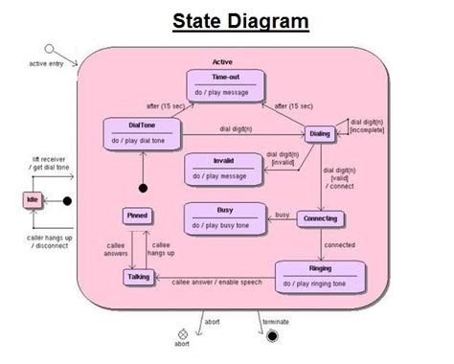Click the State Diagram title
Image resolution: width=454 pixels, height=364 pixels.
click(240, 21)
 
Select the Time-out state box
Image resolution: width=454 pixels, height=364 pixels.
click(227, 85)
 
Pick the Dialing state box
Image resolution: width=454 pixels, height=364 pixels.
click(319, 134)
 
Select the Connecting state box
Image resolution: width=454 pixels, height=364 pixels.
click(320, 218)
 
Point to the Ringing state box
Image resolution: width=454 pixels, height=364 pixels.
click(320, 276)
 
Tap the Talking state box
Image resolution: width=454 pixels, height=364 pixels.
click(137, 277)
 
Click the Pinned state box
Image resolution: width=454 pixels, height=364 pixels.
click(137, 216)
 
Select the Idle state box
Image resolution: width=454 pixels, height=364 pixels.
click(34, 201)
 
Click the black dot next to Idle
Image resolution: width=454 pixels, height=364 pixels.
click(67, 201)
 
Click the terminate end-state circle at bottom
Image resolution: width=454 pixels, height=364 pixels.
click(273, 335)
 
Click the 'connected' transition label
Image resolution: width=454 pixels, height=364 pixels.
click(339, 244)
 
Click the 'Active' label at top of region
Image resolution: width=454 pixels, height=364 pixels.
click(222, 61)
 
